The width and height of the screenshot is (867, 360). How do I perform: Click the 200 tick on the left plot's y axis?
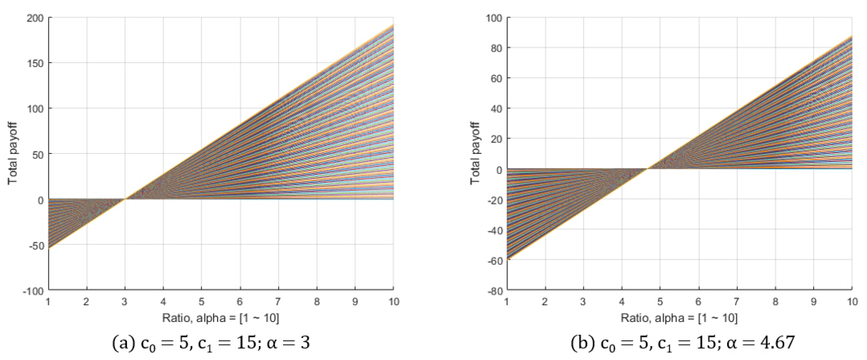(x=35, y=18)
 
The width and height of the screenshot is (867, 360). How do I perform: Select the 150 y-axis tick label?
(x=35, y=63)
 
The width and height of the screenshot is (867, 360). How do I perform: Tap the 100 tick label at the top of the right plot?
(x=494, y=18)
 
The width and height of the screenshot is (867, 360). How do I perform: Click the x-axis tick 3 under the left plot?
(x=124, y=302)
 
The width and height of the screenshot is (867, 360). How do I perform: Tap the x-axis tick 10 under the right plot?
(x=852, y=302)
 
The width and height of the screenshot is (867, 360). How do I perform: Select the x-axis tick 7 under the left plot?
(x=278, y=302)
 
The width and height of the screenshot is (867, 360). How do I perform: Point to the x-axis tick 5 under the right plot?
(x=660, y=302)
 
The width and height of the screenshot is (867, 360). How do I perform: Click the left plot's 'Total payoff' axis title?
(x=12, y=153)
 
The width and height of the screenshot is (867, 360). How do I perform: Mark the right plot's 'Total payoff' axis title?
(x=475, y=153)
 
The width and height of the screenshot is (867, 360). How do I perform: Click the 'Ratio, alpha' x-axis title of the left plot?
(x=220, y=318)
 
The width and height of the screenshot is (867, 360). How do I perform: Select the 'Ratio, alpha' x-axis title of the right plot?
(x=679, y=318)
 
